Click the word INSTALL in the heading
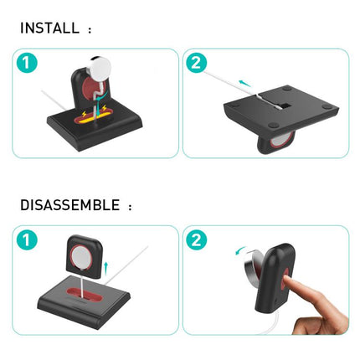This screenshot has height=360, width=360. [x=51, y=28]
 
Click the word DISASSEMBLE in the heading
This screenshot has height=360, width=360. [x=70, y=204]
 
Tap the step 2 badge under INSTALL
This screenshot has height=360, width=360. [x=197, y=64]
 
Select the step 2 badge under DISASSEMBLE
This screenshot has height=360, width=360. [x=197, y=240]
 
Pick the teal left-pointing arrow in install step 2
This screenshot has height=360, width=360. [x=244, y=83]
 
